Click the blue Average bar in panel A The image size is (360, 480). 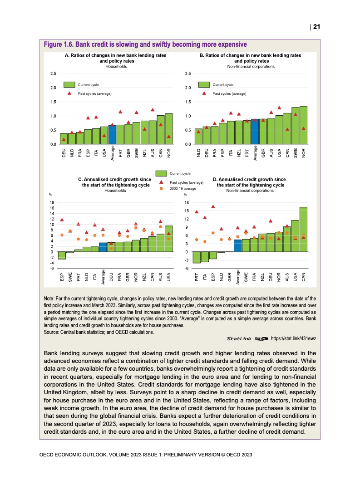[x=112, y=135]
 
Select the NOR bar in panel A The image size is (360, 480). [x=169, y=129]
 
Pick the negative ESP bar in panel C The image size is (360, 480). [x=62, y=255]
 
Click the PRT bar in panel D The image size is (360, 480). [x=197, y=257]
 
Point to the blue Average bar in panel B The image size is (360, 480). [x=255, y=132]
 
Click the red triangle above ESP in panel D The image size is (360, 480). [x=213, y=207]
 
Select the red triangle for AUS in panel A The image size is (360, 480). [x=153, y=110]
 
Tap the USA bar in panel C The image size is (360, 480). [x=168, y=239]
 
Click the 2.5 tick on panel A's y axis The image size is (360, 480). [x=53, y=73]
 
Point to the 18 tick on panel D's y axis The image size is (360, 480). [x=187, y=203]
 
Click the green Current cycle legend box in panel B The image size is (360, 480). [x=204, y=84]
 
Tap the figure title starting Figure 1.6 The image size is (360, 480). [x=145, y=44]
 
